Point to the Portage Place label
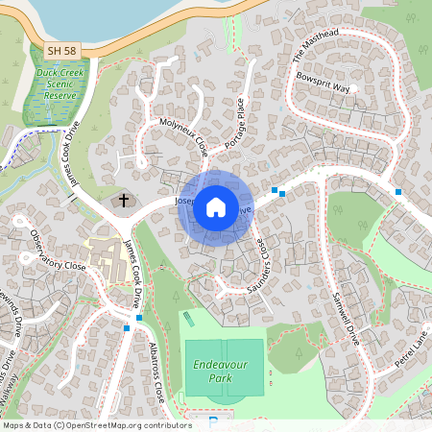tap(234, 121)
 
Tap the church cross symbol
tap(123, 201)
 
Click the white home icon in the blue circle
tap(216, 207)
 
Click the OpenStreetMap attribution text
tap(97, 424)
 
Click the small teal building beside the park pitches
tap(187, 318)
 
